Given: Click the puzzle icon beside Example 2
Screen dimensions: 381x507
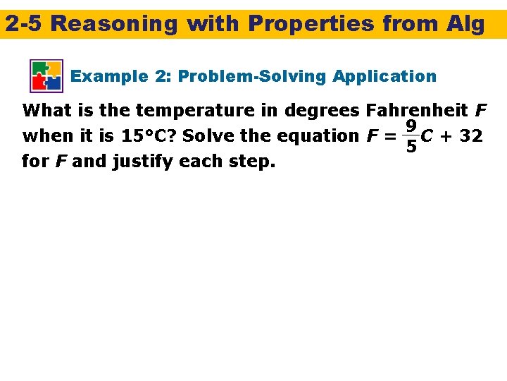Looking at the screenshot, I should (46, 75).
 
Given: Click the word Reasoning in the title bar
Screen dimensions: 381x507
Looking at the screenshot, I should (114, 24).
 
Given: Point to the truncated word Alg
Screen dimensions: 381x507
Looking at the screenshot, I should (465, 24).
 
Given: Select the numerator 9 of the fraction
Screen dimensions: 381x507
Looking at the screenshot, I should (410, 126).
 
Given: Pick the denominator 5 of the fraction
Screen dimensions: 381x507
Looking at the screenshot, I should (410, 147).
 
